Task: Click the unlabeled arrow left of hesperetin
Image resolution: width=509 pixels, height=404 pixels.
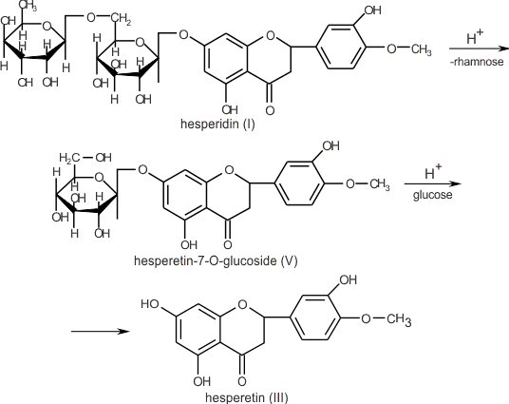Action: (x=99, y=331)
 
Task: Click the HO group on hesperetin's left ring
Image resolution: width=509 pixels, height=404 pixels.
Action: (x=149, y=305)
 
